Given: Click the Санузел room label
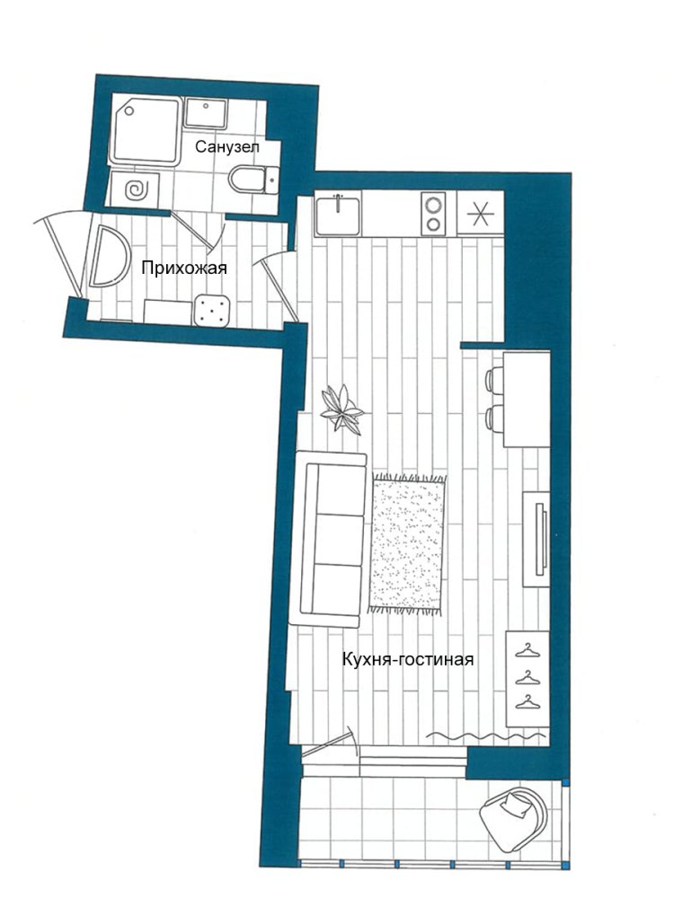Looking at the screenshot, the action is [227, 147].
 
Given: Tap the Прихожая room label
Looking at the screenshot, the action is [184, 268].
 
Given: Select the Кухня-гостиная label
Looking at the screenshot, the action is [408, 659].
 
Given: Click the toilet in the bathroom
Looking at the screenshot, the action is [253, 180].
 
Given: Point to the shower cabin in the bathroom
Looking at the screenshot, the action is [146, 131].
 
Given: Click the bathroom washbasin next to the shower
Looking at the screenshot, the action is [206, 113].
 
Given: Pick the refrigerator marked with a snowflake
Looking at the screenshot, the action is [480, 213].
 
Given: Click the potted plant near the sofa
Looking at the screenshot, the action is [341, 408].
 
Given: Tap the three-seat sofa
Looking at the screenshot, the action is [328, 538].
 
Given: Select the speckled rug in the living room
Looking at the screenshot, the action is [407, 543].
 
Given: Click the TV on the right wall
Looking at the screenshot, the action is [541, 538].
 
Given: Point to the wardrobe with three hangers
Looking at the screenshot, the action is [528, 679].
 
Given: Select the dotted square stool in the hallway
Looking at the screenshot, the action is [212, 311].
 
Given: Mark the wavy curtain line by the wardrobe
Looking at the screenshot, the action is [487, 735].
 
